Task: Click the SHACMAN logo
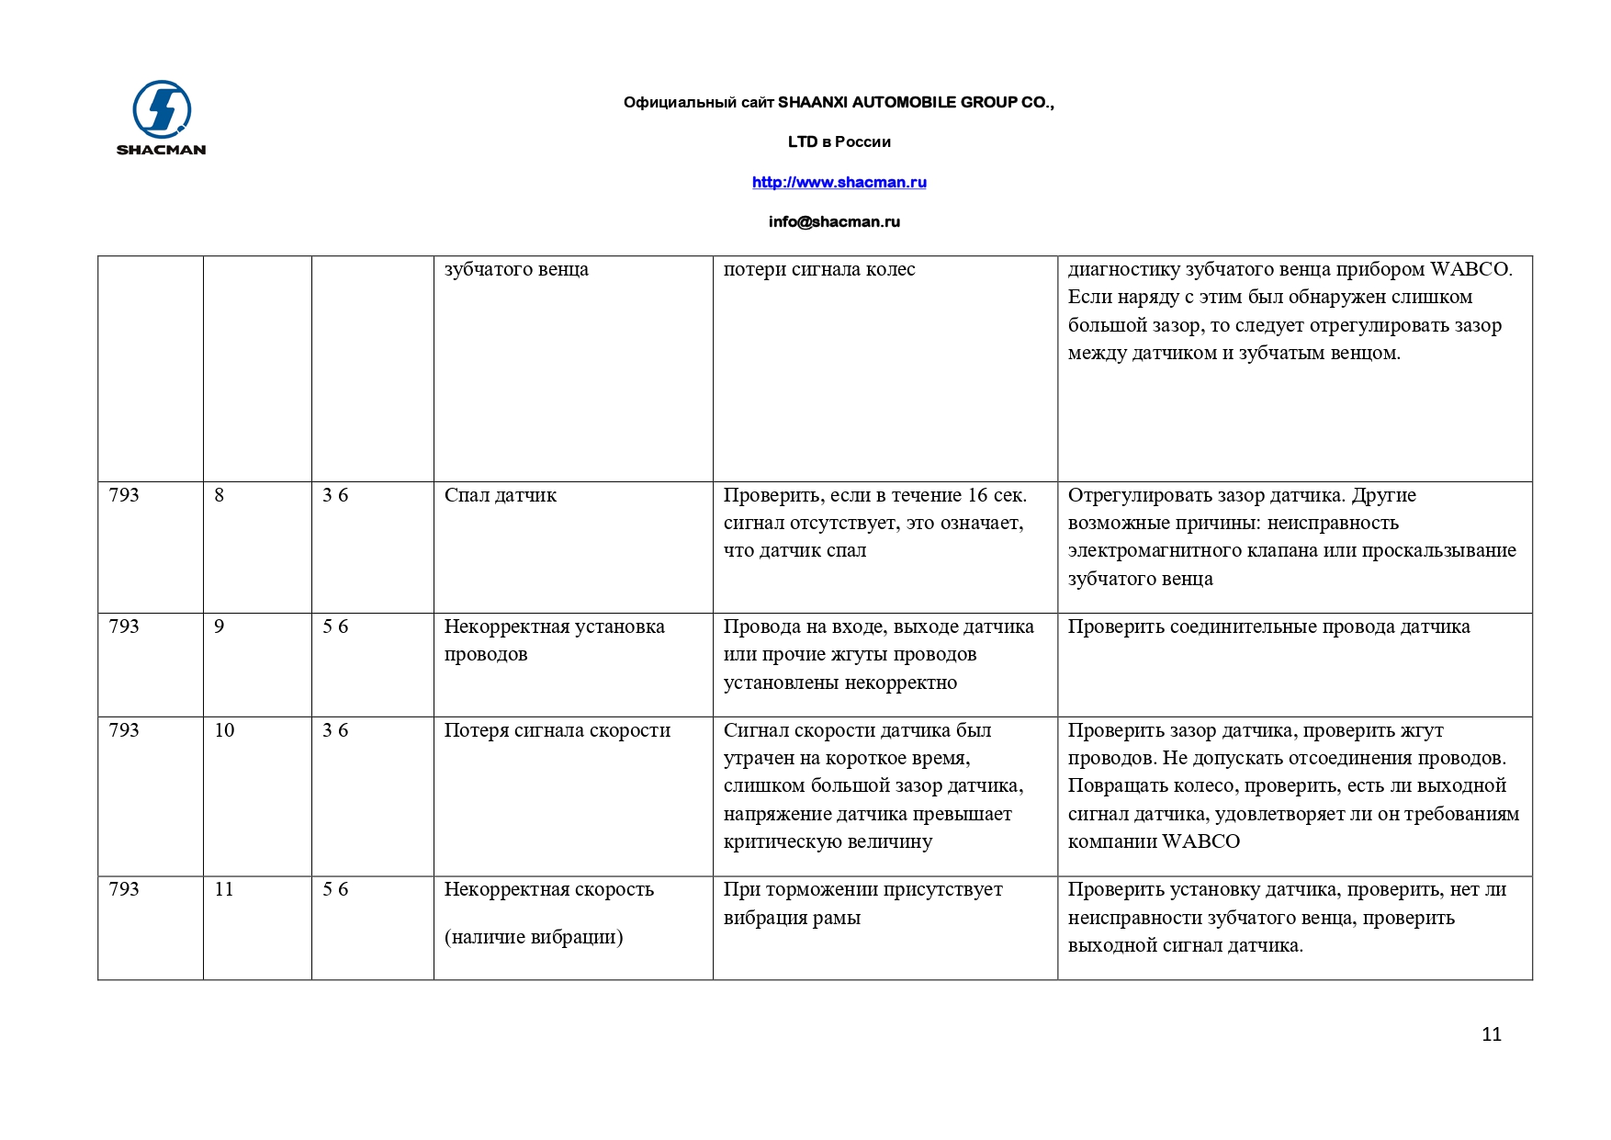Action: pos(162,118)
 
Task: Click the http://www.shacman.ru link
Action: pos(839,182)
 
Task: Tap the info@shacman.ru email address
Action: pos(834,221)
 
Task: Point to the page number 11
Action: pos(1491,1034)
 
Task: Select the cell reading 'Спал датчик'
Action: pos(501,495)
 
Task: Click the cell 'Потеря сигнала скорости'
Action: pos(557,730)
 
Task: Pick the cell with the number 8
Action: pos(220,495)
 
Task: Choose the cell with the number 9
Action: pos(220,626)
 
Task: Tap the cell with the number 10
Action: pos(224,730)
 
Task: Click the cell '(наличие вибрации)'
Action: pos(534,937)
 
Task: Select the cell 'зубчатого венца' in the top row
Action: pos(516,269)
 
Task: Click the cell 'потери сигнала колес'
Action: pos(819,269)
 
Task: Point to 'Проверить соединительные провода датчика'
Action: pos(1268,626)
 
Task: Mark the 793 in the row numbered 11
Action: pos(124,889)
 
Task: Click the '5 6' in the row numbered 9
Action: pos(335,626)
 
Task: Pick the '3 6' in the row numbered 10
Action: pos(335,730)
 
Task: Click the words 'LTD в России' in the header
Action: pos(839,141)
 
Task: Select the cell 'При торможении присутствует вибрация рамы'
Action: pos(862,903)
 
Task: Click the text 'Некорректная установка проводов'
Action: pos(554,640)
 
